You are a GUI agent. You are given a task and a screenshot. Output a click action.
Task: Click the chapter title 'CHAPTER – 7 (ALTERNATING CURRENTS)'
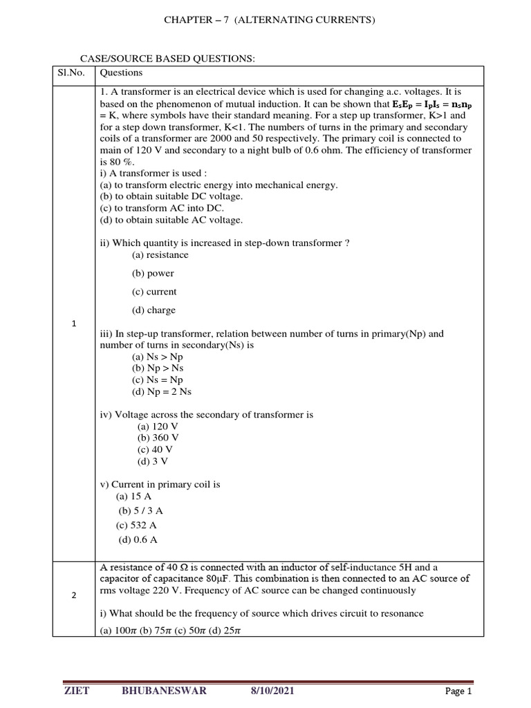269,20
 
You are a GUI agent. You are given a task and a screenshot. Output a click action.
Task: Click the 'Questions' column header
121,73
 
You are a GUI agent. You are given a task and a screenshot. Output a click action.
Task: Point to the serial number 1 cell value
73,324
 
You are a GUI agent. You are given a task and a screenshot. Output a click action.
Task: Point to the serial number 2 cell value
73,596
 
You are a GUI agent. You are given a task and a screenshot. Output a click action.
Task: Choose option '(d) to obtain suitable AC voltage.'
171,220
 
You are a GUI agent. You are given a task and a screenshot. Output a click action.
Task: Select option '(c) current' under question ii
154,292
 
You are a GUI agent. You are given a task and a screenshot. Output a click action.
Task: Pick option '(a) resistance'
160,255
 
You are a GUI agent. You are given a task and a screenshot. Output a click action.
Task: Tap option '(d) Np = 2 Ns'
161,391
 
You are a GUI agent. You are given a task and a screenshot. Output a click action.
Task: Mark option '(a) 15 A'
134,496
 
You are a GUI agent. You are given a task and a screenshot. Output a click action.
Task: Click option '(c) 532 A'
137,525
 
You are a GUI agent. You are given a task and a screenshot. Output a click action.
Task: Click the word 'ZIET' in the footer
76,691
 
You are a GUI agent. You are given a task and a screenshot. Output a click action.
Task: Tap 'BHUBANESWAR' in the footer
164,691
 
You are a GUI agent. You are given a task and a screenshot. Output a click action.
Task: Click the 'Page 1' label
458,691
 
